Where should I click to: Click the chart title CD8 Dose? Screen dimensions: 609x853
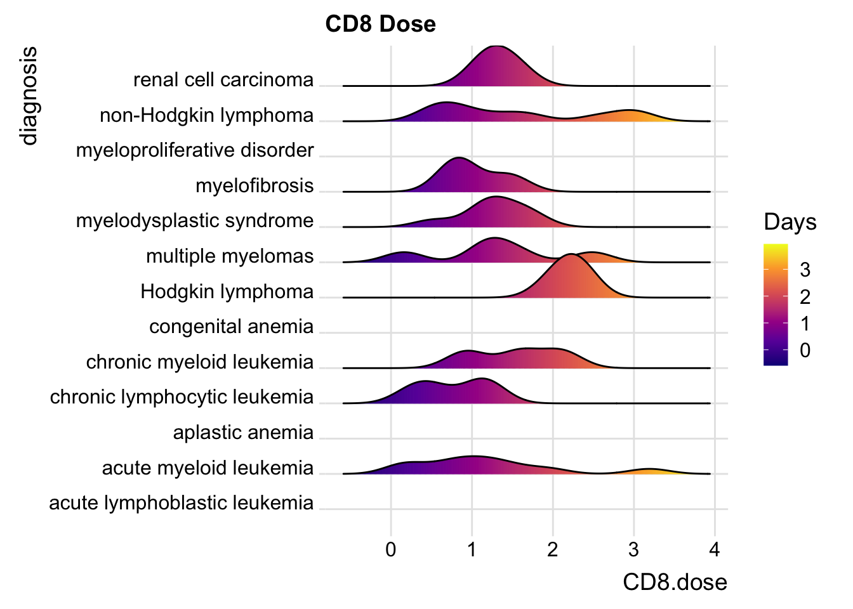[380, 24]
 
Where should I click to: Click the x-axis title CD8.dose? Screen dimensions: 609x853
[675, 582]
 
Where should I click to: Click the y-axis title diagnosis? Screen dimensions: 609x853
[29, 96]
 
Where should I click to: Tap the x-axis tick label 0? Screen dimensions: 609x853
[391, 549]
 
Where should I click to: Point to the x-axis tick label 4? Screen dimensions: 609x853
[715, 549]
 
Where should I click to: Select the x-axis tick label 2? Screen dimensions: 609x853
[553, 549]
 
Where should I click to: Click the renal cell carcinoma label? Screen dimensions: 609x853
[223, 80]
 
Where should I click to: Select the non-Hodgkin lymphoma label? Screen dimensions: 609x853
[207, 115]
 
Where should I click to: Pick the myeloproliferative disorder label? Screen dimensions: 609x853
[195, 150]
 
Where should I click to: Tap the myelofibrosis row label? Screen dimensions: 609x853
[255, 186]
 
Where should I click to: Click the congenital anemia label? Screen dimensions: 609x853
[231, 327]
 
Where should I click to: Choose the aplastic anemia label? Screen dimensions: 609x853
[243, 433]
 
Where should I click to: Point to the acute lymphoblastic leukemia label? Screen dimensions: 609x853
[182, 503]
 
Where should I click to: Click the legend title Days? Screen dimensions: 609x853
[790, 222]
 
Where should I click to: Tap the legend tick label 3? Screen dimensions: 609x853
[805, 270]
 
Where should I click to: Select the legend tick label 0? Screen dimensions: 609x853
[805, 350]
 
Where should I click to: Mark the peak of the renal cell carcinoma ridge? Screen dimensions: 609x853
[497, 47]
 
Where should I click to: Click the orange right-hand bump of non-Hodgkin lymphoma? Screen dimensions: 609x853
[629, 112]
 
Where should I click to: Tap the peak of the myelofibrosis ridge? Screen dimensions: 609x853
[460, 159]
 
